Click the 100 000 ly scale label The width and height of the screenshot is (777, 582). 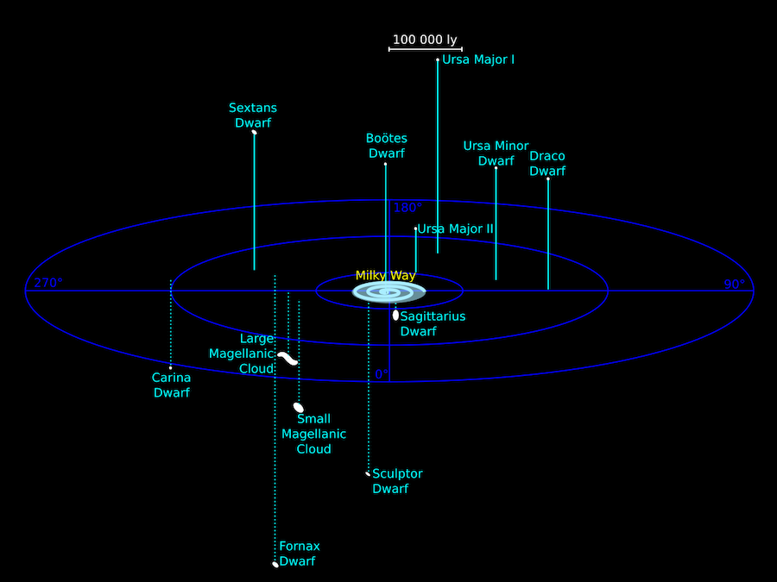[x=425, y=40]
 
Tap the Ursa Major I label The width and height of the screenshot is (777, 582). [x=478, y=59]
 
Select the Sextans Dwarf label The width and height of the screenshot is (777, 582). [x=253, y=116]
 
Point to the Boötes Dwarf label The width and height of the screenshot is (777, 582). [x=387, y=146]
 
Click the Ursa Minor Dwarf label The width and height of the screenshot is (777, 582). [x=496, y=153]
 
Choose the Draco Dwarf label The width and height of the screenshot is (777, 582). [x=547, y=163]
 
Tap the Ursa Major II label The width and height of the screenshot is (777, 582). [x=455, y=229]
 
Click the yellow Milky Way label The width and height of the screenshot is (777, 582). [x=385, y=276]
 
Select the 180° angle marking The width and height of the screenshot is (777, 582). [x=407, y=208]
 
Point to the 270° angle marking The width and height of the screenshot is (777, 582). [x=48, y=283]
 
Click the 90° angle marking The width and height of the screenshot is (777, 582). [x=735, y=284]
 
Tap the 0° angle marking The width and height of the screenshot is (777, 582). [x=382, y=375]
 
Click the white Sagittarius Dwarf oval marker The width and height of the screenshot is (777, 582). [x=395, y=316]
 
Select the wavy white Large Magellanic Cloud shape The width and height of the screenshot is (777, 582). [x=287, y=359]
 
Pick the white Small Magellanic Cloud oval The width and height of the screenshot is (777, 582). [x=299, y=407]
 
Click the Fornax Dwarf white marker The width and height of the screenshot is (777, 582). [x=275, y=564]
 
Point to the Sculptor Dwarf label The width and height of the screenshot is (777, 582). [x=397, y=481]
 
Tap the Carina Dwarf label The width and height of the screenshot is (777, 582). [x=172, y=385]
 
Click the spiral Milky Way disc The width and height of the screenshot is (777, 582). [x=388, y=292]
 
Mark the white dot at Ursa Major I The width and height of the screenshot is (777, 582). [x=438, y=59]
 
